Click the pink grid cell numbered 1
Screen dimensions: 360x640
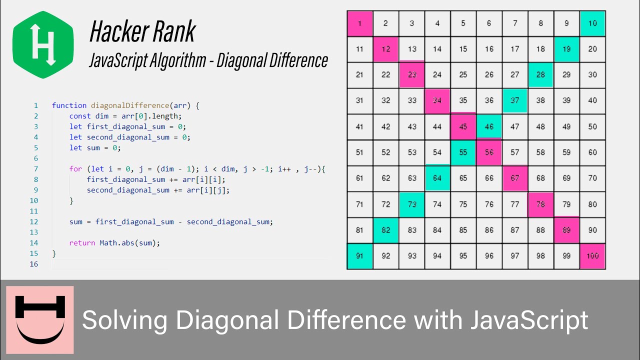(x=359, y=23)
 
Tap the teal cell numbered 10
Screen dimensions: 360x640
(x=592, y=23)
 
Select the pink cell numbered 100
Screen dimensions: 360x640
(x=592, y=256)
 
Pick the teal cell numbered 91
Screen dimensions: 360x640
(x=359, y=256)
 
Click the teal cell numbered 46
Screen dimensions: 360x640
(x=489, y=127)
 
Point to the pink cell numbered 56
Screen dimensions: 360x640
(x=489, y=152)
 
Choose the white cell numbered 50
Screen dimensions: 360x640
(x=592, y=127)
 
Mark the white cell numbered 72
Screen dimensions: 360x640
(x=385, y=204)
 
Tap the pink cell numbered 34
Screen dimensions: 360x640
(x=437, y=101)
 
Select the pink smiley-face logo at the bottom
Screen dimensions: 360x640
(x=40, y=320)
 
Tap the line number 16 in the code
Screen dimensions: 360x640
(x=34, y=264)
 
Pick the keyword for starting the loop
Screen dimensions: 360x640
(x=75, y=169)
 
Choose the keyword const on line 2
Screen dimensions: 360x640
(x=80, y=116)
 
